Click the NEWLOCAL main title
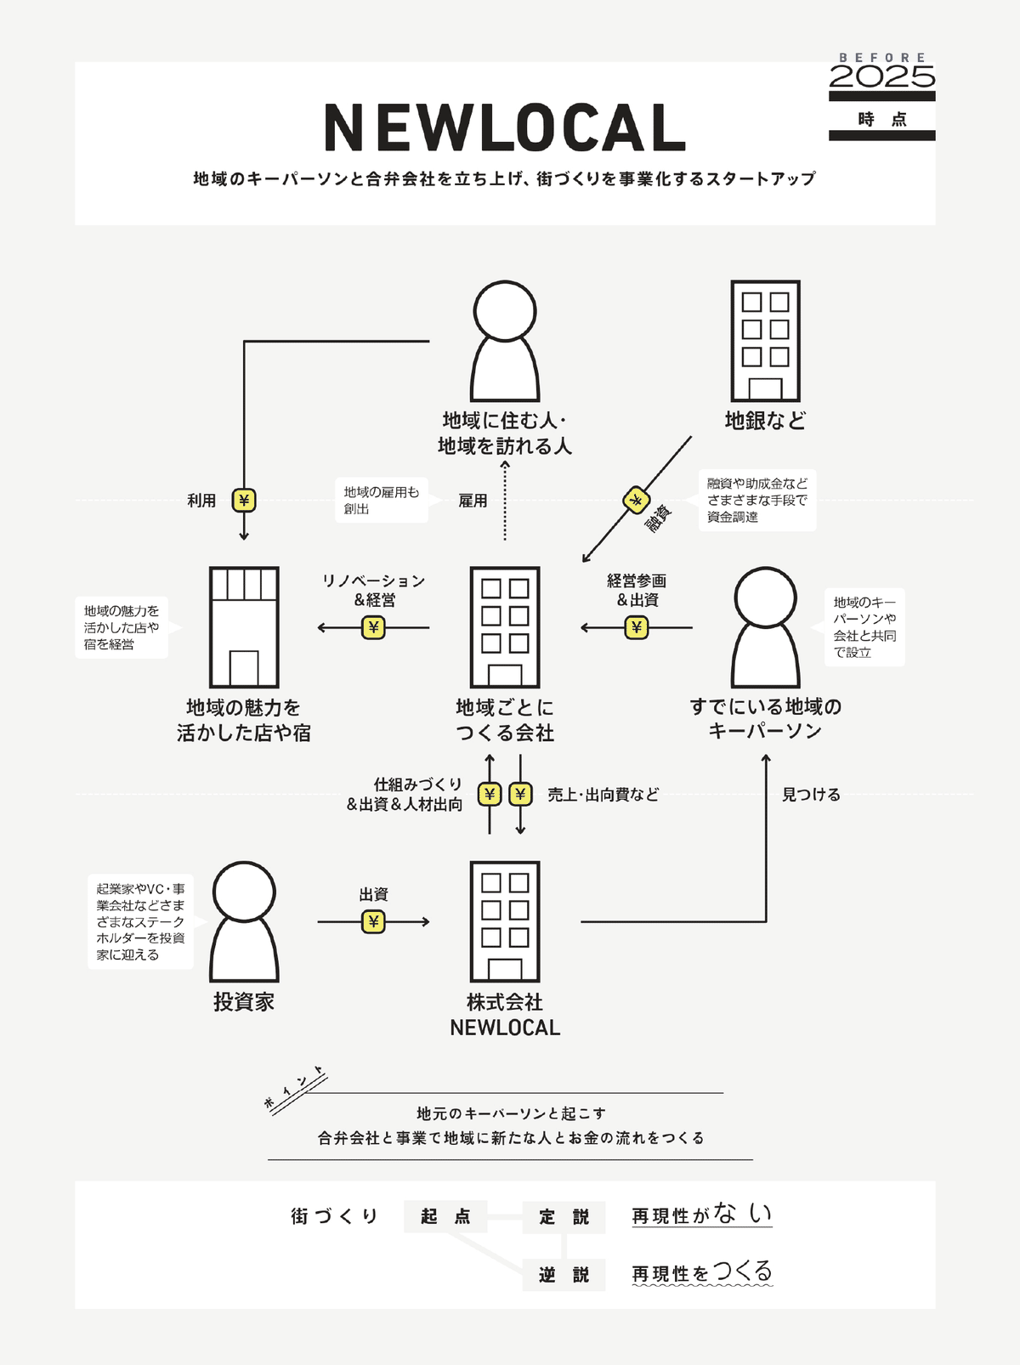[x=505, y=128]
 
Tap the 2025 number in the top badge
[x=881, y=77]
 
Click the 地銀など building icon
[x=765, y=341]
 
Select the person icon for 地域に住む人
[x=505, y=341]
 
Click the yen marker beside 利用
[x=244, y=500]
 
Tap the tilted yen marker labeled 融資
[x=636, y=500]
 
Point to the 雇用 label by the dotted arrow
[x=473, y=501]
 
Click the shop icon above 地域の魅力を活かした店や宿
[x=244, y=627]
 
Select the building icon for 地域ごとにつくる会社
[x=505, y=627]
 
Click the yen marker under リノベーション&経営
[x=373, y=627]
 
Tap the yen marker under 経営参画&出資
[x=636, y=627]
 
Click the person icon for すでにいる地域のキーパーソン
[x=765, y=627]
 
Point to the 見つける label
[x=811, y=795]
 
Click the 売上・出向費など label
[x=603, y=795]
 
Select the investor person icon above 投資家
[x=244, y=921]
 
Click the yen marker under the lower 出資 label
[x=373, y=921]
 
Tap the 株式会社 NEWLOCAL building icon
[x=505, y=921]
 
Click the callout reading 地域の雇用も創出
[x=381, y=500]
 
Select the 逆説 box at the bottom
[x=564, y=1274]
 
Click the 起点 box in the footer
[x=445, y=1216]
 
